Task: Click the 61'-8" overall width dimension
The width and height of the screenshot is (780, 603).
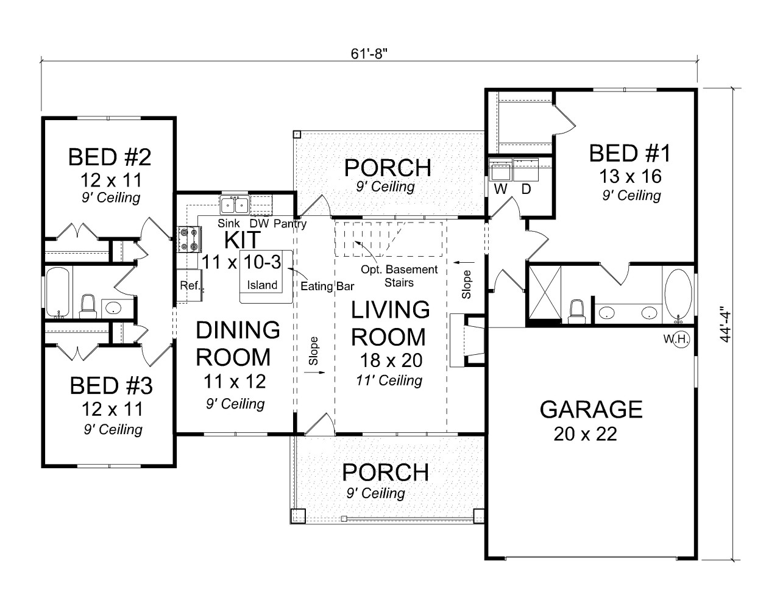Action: pos(369,53)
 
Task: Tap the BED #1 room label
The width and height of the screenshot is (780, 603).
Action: pos(629,154)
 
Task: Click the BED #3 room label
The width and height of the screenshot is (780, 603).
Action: pos(111,386)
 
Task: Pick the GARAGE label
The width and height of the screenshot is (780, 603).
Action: pos(590,409)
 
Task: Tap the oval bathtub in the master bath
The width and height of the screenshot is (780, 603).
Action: pos(678,294)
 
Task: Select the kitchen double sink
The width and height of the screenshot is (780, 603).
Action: pos(234,204)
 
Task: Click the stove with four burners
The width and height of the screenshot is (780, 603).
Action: pos(188,239)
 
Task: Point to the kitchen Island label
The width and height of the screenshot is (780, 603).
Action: pos(262,285)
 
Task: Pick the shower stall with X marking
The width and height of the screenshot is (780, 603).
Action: pos(544,293)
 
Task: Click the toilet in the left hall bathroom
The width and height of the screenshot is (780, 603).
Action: pos(88,306)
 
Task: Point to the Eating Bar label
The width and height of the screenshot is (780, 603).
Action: pos(327,285)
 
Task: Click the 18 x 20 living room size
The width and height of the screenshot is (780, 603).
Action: pos(390,360)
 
